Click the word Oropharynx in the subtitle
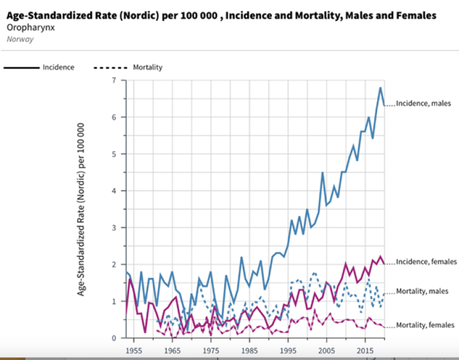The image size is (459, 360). click(x=28, y=27)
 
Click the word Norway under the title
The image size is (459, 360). click(x=20, y=39)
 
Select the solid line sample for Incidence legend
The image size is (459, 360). click(x=22, y=67)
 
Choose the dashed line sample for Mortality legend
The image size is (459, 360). click(x=110, y=67)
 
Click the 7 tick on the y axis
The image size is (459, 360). click(x=114, y=80)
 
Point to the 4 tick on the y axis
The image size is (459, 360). click(x=114, y=190)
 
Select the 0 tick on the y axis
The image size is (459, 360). click(x=114, y=338)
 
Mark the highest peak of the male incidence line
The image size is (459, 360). click(x=381, y=88)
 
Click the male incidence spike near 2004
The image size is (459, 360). click(x=323, y=173)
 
